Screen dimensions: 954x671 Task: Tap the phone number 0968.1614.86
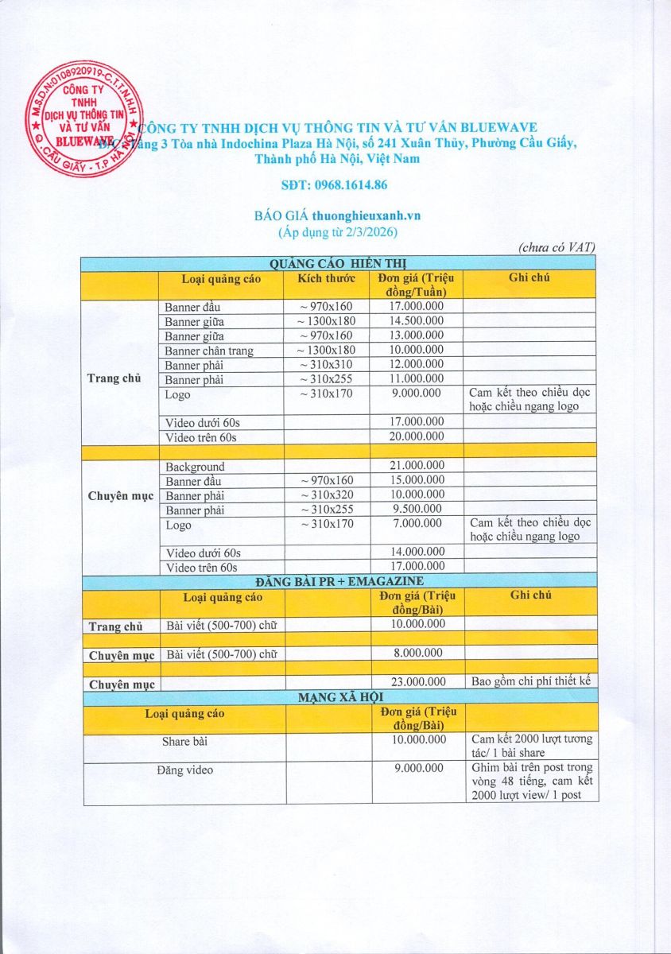(335, 185)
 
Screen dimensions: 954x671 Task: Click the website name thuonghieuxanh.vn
(367, 215)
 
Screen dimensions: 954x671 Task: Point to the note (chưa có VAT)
(557, 248)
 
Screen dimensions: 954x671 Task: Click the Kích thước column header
(326, 278)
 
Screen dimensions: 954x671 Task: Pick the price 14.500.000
(417, 321)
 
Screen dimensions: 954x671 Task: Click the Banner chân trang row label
(209, 351)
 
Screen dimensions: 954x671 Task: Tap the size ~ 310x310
(326, 365)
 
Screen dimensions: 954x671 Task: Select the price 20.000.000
(417, 436)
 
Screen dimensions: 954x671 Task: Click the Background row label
(195, 467)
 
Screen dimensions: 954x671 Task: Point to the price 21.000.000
(417, 466)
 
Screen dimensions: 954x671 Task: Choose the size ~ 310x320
(326, 494)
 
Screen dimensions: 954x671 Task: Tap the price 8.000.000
(417, 653)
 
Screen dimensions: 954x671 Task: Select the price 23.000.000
(417, 682)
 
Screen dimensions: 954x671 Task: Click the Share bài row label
(185, 741)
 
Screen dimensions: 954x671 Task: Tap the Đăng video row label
(185, 770)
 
